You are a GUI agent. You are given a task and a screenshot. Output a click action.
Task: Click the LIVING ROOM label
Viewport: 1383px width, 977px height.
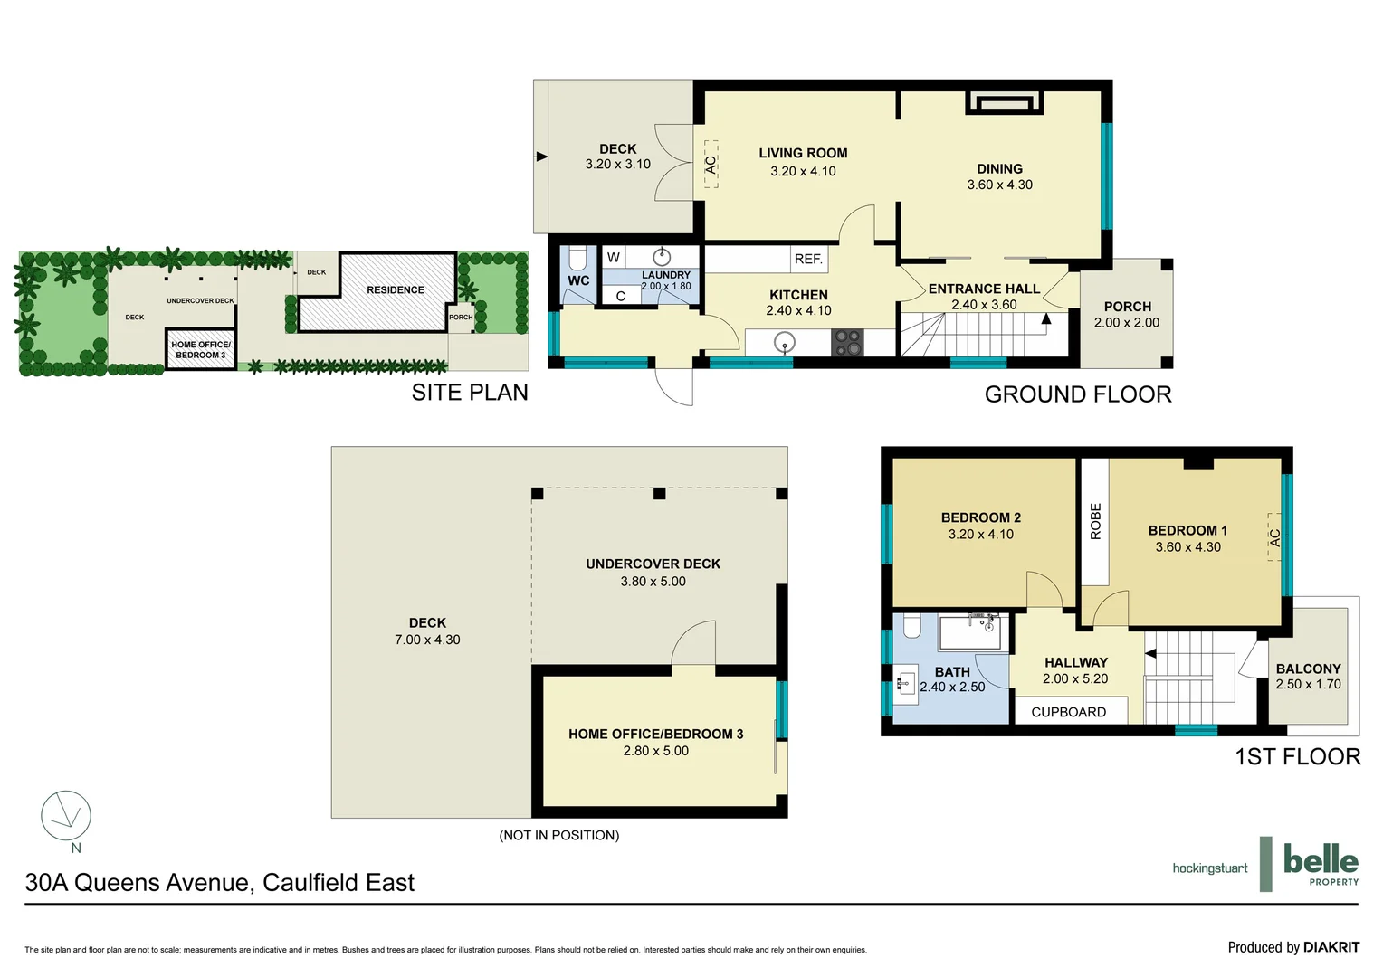803,153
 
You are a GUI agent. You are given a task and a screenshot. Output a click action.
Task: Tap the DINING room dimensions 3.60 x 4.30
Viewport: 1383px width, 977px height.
999,185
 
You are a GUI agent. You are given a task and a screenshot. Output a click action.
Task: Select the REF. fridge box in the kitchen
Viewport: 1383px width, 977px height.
808,259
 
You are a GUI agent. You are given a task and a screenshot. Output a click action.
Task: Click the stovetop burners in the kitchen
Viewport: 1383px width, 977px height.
847,343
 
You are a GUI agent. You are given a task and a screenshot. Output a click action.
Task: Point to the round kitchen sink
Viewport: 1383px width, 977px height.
784,342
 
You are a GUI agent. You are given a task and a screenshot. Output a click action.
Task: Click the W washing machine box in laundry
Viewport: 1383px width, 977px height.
614,257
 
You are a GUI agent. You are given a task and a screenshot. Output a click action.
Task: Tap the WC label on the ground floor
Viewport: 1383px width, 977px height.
578,280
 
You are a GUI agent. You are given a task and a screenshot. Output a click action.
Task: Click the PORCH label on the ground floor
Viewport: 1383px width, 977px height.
1127,307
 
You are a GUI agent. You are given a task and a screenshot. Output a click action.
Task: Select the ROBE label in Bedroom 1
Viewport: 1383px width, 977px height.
1095,521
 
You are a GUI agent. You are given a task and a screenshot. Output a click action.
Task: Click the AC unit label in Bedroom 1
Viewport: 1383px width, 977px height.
1274,536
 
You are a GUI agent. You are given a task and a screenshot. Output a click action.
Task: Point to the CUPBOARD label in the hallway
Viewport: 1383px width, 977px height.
1068,712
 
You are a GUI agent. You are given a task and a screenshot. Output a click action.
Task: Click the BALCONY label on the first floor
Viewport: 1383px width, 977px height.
1308,669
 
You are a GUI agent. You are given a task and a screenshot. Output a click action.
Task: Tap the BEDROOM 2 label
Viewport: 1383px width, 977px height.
980,517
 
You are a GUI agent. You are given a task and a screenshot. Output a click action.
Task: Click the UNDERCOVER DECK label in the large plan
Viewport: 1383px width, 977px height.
653,564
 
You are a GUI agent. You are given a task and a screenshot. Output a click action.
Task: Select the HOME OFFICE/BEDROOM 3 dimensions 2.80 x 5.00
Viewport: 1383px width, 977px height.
655,751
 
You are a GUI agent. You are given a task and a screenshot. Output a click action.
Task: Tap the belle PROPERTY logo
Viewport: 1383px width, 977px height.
1320,864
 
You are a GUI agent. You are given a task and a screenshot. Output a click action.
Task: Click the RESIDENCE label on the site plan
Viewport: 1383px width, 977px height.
395,289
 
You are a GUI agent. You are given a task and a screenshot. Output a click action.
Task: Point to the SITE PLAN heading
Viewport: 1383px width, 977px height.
469,392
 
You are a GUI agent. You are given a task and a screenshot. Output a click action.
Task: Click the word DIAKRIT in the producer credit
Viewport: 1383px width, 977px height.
1331,947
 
